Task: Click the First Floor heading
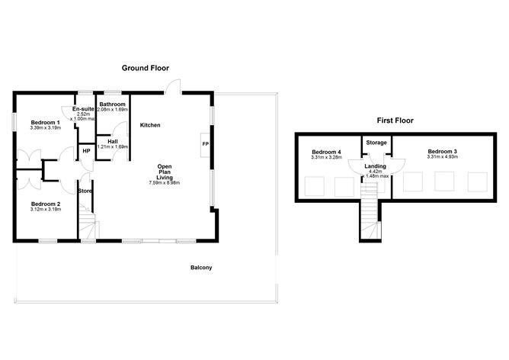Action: (x=395, y=121)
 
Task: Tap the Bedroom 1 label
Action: (x=45, y=123)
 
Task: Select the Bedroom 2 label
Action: (x=45, y=204)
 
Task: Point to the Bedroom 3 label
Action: (x=442, y=152)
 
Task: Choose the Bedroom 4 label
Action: (x=326, y=152)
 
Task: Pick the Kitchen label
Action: (x=150, y=124)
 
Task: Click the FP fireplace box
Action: (x=205, y=144)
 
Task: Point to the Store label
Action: (x=85, y=191)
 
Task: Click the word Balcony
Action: (x=201, y=267)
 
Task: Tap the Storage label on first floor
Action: (x=376, y=143)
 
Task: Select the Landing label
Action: (x=375, y=166)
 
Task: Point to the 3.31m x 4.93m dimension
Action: (x=442, y=158)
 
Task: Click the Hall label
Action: (x=112, y=141)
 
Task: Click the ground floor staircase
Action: (x=89, y=227)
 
